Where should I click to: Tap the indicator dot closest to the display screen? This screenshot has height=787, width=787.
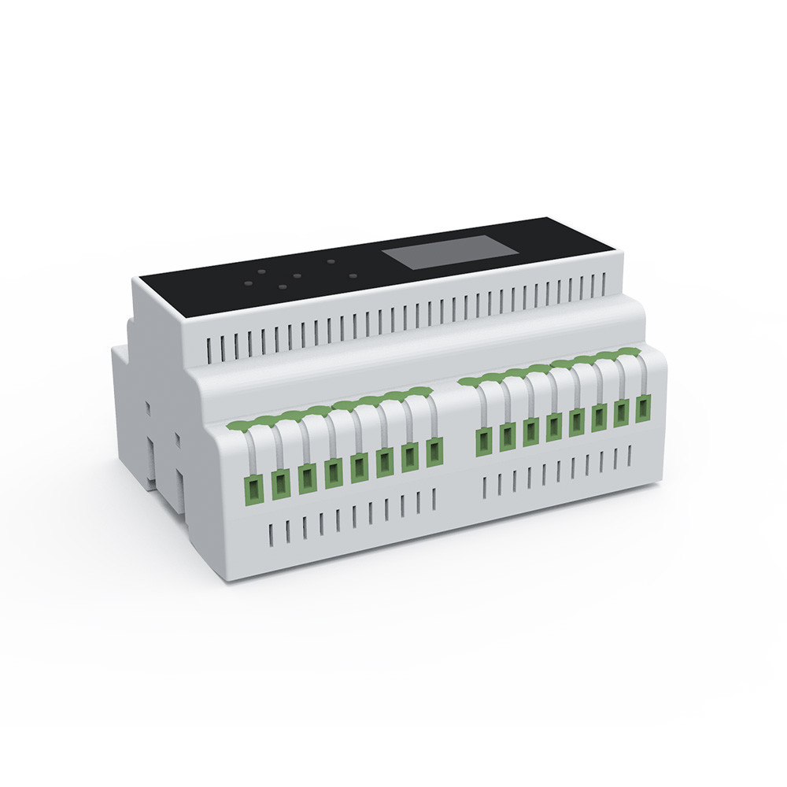(353, 276)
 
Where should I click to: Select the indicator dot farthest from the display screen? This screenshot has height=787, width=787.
(248, 281)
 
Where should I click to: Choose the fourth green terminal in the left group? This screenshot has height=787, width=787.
(334, 472)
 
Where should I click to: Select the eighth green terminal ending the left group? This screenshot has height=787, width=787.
(434, 452)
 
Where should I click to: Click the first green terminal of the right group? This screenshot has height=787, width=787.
(482, 442)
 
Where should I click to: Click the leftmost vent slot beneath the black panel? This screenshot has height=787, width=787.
(210, 346)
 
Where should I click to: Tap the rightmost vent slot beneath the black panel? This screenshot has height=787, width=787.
(604, 282)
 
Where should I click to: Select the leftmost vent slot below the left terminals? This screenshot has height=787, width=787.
(269, 534)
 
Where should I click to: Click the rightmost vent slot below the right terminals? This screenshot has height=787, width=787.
(630, 456)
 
